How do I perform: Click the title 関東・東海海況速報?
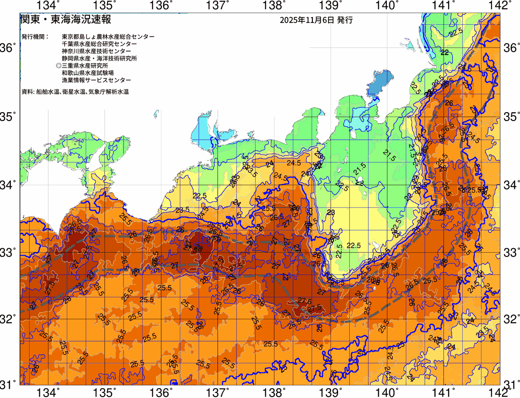click(x=65, y=19)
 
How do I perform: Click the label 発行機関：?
click(x=35, y=37)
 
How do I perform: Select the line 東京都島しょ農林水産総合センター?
click(x=108, y=37)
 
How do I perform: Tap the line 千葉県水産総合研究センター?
click(x=99, y=44)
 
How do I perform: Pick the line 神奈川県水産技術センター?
click(x=96, y=51)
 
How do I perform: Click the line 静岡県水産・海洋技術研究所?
click(x=99, y=58)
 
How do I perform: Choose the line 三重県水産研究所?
click(x=85, y=66)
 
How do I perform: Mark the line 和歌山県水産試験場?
click(x=88, y=73)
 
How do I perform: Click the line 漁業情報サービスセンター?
click(x=96, y=80)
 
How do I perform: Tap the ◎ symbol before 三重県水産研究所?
click(x=58, y=66)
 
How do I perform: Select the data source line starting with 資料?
click(x=75, y=92)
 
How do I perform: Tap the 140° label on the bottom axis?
click(x=386, y=393)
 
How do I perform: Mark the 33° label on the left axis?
click(x=8, y=252)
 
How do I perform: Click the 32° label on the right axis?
click(x=511, y=319)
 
